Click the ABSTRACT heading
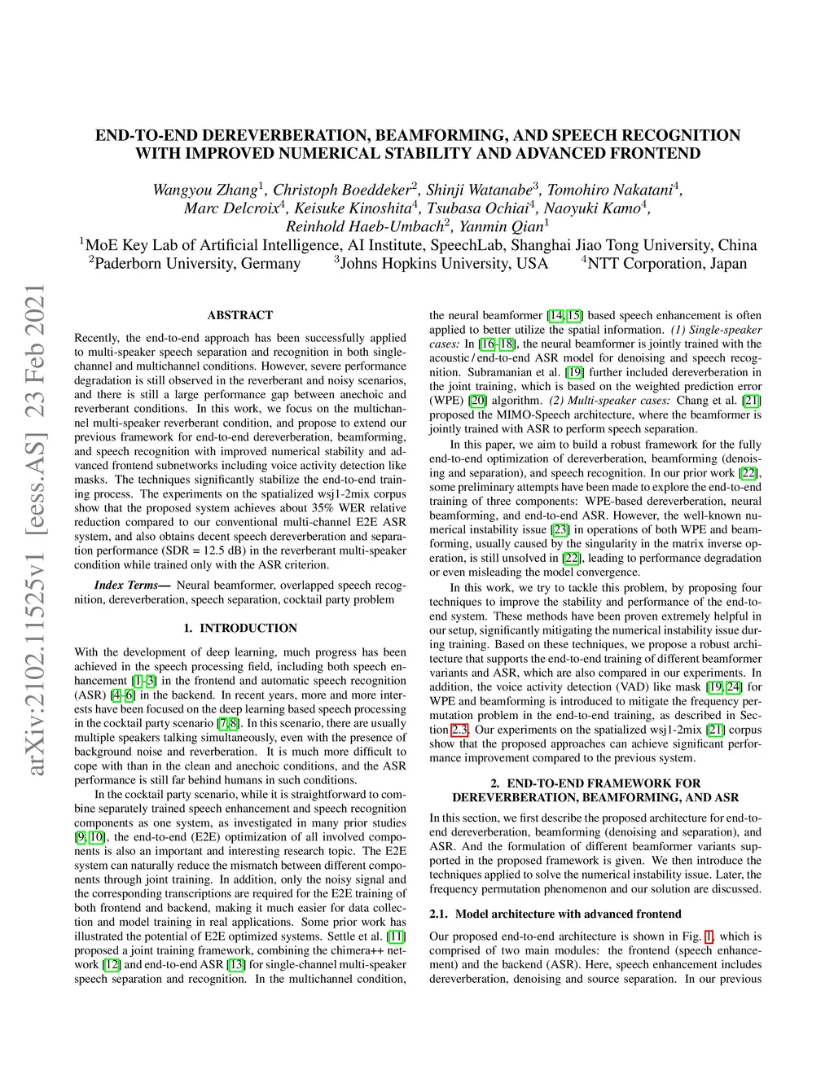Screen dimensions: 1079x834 pos(240,315)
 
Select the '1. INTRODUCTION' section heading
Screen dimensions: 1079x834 pos(240,628)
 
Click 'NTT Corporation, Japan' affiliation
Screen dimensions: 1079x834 pos(666,263)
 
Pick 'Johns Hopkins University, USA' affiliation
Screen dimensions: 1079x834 pos(444,263)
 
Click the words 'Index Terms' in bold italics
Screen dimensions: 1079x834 pos(125,585)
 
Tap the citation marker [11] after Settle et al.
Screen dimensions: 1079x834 pos(397,936)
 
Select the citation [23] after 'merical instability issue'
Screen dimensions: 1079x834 pos(560,529)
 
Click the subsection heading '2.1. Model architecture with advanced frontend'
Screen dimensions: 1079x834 pos(555,914)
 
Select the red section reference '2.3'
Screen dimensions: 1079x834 pos(460,730)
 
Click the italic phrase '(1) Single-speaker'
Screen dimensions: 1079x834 pos(717,330)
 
